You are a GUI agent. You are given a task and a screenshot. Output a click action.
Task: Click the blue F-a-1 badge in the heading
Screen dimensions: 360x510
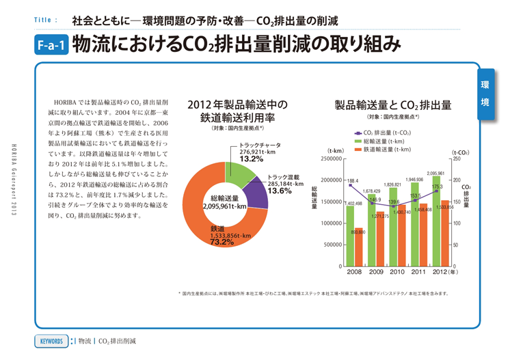tap(51, 46)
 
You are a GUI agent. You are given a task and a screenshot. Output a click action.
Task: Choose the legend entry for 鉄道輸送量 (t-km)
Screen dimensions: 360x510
tap(386, 148)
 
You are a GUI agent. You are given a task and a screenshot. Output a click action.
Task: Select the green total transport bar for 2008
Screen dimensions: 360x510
tap(350, 232)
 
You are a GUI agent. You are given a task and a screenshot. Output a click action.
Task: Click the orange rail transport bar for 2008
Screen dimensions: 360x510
tap(358, 247)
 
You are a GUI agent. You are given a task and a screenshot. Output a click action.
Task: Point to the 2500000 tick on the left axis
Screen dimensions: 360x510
tap(331, 158)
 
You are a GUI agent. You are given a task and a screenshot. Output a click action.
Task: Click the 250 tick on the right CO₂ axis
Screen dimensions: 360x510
tap(457, 158)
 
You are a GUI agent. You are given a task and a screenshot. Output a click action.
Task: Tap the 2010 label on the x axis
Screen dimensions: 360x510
tap(397, 272)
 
